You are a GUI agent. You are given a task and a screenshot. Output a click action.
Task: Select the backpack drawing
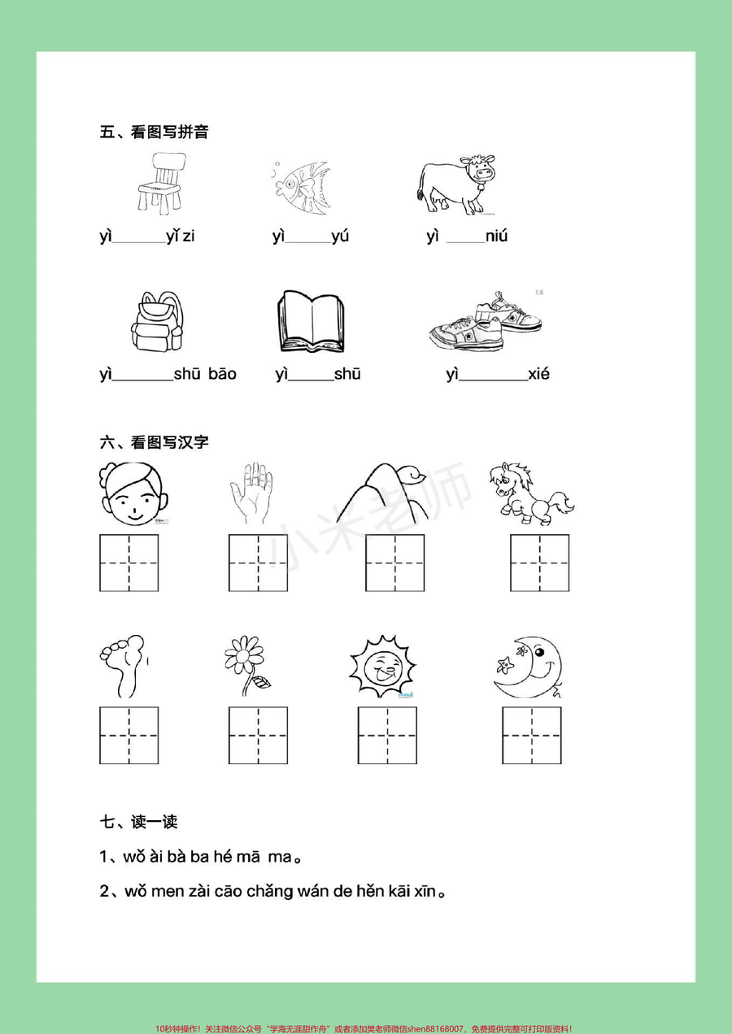point(157,322)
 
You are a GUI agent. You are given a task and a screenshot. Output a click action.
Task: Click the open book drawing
point(310,323)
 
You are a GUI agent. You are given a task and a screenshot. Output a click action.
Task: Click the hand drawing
point(255,493)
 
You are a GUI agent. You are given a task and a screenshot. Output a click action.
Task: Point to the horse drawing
point(530,493)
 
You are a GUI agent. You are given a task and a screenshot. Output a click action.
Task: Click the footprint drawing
point(124,664)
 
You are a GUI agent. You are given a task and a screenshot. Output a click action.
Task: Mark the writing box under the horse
point(539,563)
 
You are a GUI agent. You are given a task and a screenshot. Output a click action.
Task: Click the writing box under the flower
point(258,735)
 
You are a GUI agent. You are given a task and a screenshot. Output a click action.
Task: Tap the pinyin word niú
point(496,237)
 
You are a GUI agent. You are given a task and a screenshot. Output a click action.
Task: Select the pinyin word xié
point(538,375)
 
